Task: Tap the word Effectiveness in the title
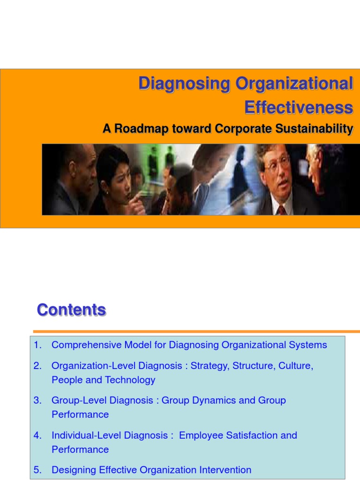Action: (x=299, y=107)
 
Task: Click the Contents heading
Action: (x=71, y=310)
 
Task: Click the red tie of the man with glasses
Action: (x=282, y=210)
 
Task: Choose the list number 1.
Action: (x=37, y=345)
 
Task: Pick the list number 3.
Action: (x=37, y=401)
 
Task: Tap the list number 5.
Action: (x=37, y=470)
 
